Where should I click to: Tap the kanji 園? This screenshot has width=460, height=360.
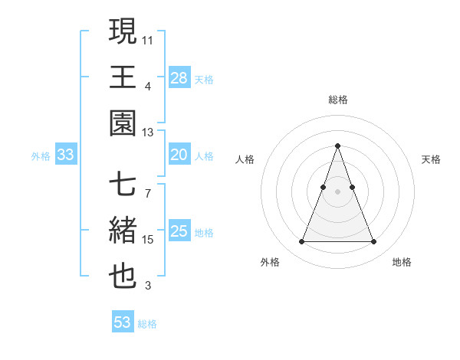tap(123, 123)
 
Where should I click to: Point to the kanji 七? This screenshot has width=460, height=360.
tap(123, 185)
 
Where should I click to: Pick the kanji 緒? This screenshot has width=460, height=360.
tap(123, 231)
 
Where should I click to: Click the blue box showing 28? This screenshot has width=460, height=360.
tap(179, 77)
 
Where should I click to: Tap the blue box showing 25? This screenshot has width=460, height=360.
tap(179, 231)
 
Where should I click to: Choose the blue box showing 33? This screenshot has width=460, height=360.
tap(65, 155)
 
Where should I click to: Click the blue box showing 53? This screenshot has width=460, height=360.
tap(122, 322)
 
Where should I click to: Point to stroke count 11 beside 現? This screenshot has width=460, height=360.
tap(148, 38)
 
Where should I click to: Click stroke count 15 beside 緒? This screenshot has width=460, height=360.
tap(148, 240)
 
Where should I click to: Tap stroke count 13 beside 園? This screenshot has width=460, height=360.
tap(148, 132)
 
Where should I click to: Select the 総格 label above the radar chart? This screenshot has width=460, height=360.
tap(337, 100)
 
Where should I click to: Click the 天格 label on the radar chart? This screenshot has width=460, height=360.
tap(431, 159)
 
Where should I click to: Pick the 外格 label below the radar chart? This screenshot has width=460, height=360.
tap(270, 262)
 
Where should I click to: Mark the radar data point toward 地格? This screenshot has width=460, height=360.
tap(373, 242)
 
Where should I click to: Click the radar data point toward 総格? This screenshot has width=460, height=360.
tap(337, 146)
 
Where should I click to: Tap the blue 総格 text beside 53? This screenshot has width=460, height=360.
tap(147, 324)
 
